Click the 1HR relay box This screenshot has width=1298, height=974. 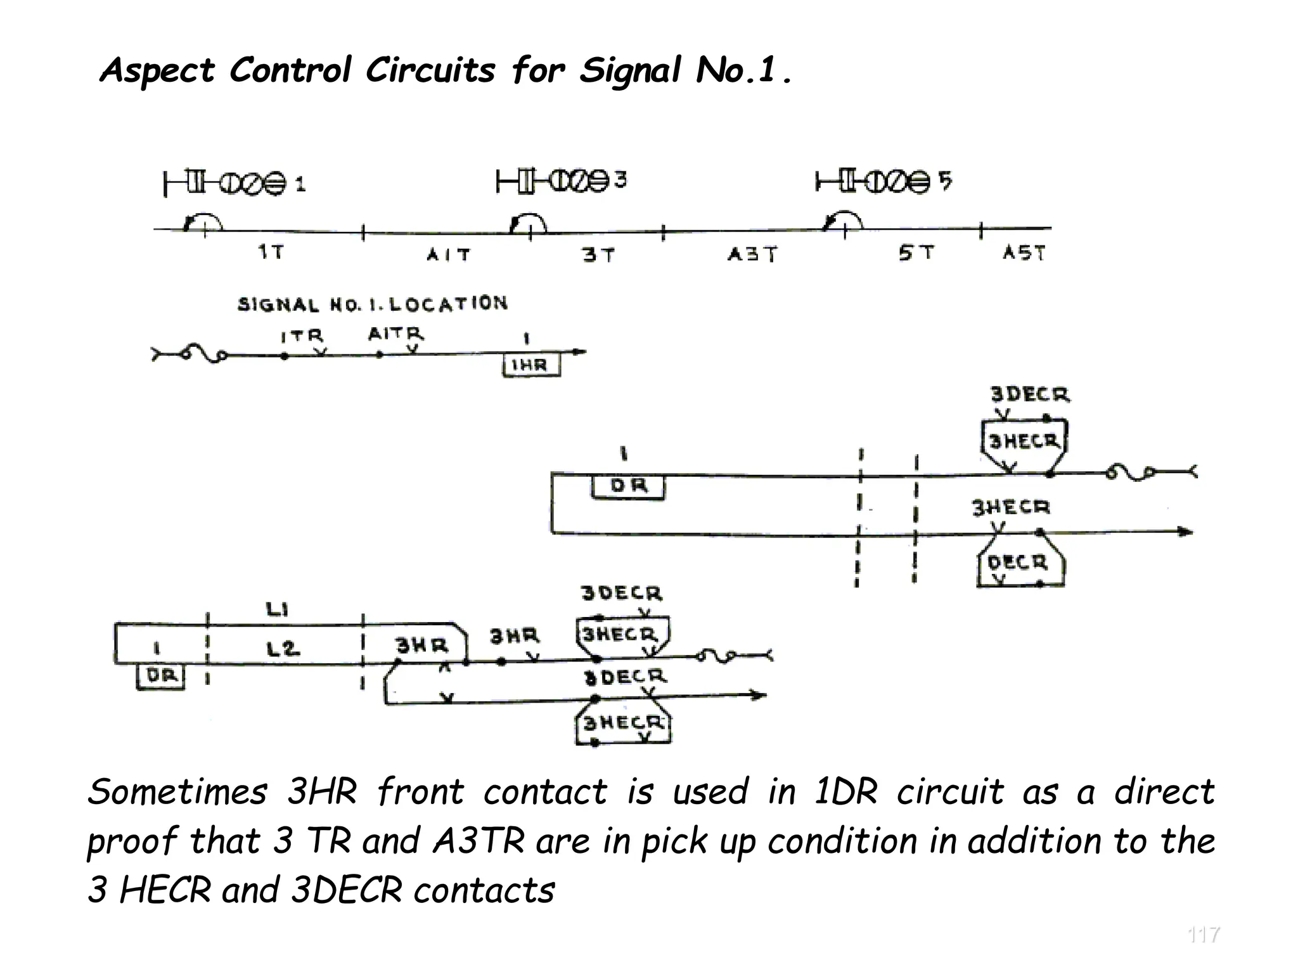coord(531,366)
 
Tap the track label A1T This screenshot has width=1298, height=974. coord(448,255)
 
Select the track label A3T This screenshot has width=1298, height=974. coord(752,255)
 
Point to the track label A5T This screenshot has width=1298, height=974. coord(1024,253)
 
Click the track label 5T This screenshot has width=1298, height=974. coord(916,253)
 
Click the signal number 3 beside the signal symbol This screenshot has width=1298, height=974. coord(620,181)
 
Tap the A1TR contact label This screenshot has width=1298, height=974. coord(395,334)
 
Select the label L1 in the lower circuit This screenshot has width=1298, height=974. coord(277,610)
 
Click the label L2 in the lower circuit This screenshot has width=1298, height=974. coord(282,649)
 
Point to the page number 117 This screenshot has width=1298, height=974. coord(1203,935)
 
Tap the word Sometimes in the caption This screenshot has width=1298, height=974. coord(177,793)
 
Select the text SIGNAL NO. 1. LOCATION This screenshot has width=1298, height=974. coord(373,304)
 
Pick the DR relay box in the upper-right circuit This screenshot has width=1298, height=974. coord(628,487)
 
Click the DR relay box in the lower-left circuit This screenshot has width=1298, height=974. coord(161,676)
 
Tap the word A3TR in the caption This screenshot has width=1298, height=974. coord(479,841)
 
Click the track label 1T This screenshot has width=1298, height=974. coord(271,252)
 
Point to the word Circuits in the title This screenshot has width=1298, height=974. coord(430,70)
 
